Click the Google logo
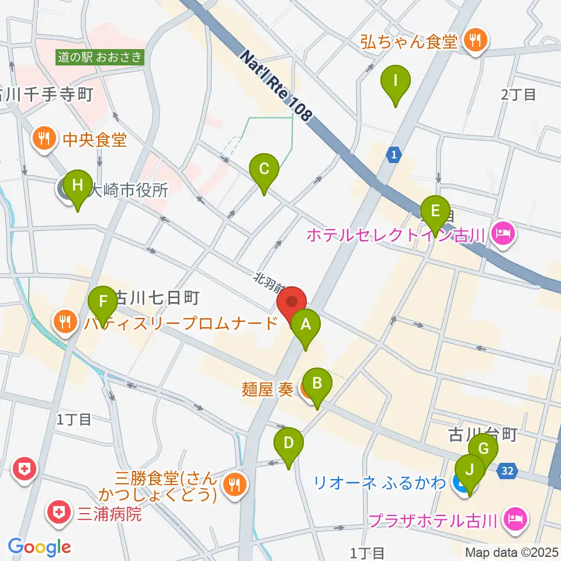pyautogui.click(x=39, y=546)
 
